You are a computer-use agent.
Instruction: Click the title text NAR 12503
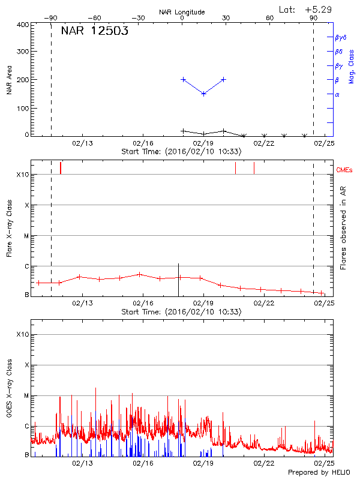pyautogui.click(x=94, y=32)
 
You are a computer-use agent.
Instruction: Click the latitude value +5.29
pyautogui.click(x=319, y=9)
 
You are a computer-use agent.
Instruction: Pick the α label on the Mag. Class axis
pyautogui.click(x=337, y=94)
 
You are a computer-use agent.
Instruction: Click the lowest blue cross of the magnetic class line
pyautogui.click(x=203, y=94)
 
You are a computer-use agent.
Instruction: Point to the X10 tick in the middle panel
pyautogui.click(x=23, y=175)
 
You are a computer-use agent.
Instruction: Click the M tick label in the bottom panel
pyautogui.click(x=26, y=396)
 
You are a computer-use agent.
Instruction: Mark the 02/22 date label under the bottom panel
pyautogui.click(x=264, y=463)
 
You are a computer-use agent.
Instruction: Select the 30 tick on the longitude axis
pyautogui.click(x=226, y=19)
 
